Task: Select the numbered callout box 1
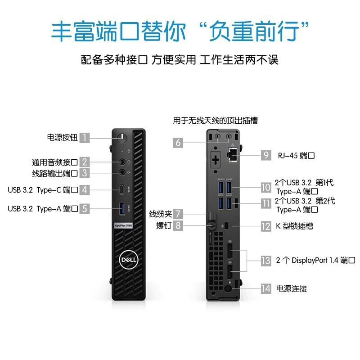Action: click(x=85, y=138)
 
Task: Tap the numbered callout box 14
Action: click(x=266, y=288)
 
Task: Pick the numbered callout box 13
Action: click(x=266, y=260)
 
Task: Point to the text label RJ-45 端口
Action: click(x=295, y=156)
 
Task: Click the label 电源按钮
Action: click(x=62, y=138)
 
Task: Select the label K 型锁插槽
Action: click(x=295, y=226)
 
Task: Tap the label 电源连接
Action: click(x=292, y=288)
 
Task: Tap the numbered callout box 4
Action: click(x=85, y=190)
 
